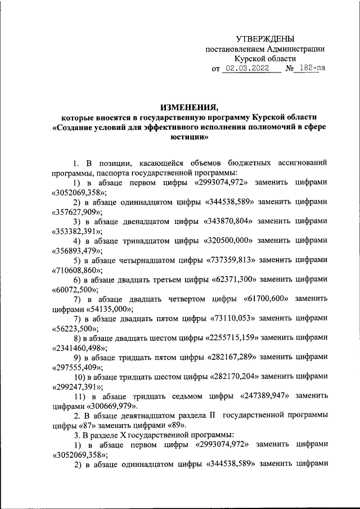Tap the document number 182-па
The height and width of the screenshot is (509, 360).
click(x=312, y=69)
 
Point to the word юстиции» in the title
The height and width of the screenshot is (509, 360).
click(x=188, y=137)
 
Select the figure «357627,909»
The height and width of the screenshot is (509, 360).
click(x=77, y=212)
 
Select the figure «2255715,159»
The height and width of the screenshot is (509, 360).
click(x=231, y=337)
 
